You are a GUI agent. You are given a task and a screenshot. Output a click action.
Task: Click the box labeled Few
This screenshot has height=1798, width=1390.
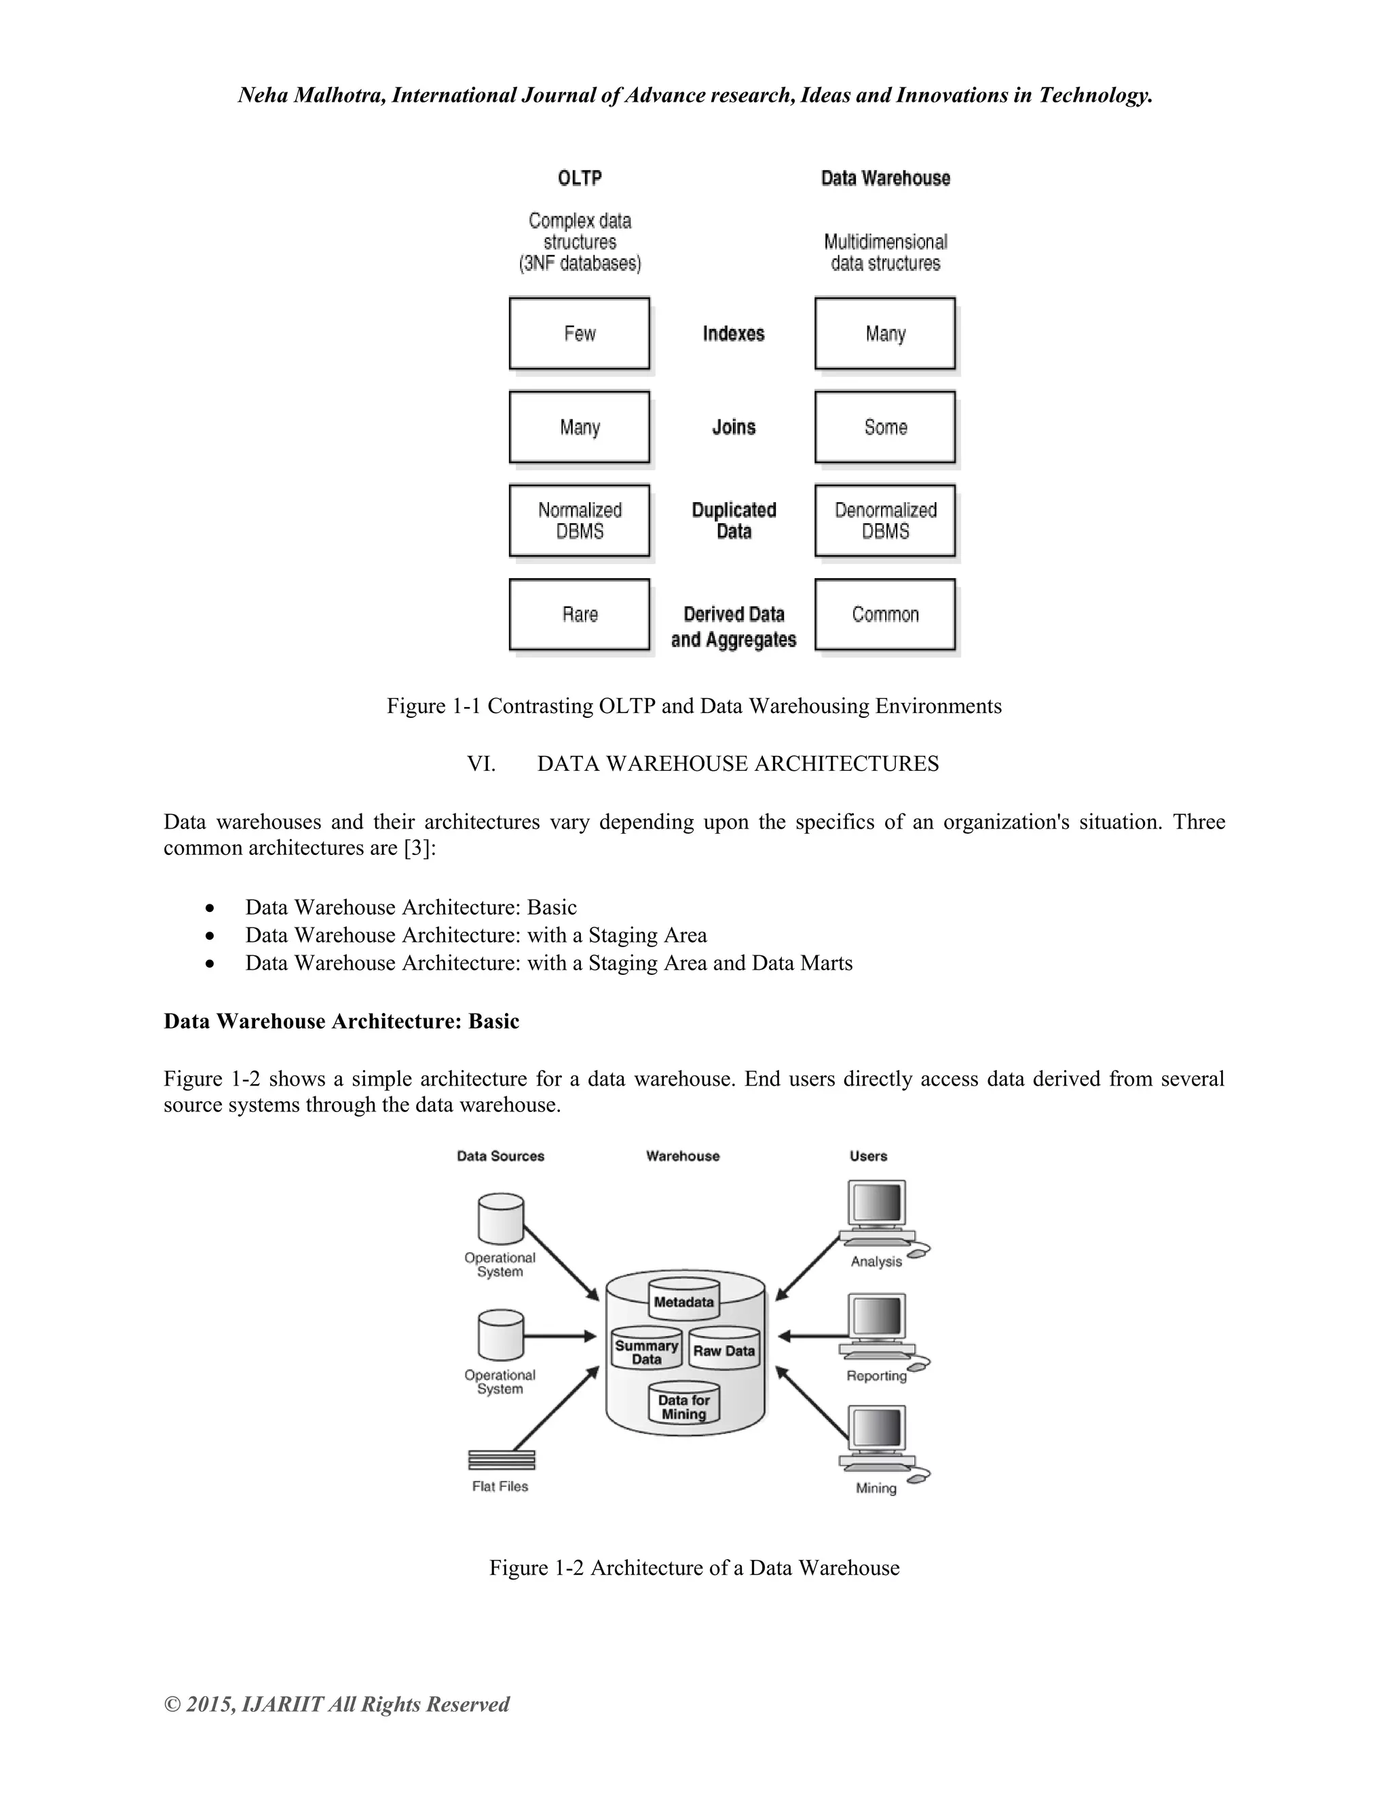(579, 333)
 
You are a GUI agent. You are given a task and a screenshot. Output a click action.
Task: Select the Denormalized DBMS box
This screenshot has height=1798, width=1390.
(885, 520)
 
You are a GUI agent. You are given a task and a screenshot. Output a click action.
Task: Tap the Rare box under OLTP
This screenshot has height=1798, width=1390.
(579, 614)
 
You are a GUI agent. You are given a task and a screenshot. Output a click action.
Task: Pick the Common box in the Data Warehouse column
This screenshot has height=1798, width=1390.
(885, 614)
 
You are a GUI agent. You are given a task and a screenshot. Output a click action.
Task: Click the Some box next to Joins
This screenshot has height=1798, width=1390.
(885, 427)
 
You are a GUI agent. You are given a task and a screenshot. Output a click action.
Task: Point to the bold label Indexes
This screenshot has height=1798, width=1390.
(733, 333)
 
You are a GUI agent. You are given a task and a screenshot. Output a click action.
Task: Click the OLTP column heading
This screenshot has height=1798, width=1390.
(580, 178)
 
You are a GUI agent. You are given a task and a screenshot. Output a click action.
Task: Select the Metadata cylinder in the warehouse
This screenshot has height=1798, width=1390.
(683, 1300)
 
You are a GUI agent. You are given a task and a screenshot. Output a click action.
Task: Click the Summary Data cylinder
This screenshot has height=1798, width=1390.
(646, 1350)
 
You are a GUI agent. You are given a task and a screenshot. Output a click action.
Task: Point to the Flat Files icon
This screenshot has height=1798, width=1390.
(502, 1459)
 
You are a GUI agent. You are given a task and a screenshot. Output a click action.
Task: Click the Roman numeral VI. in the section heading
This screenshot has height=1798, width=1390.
(481, 764)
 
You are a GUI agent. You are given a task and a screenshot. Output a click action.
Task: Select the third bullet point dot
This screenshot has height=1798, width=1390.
(211, 963)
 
